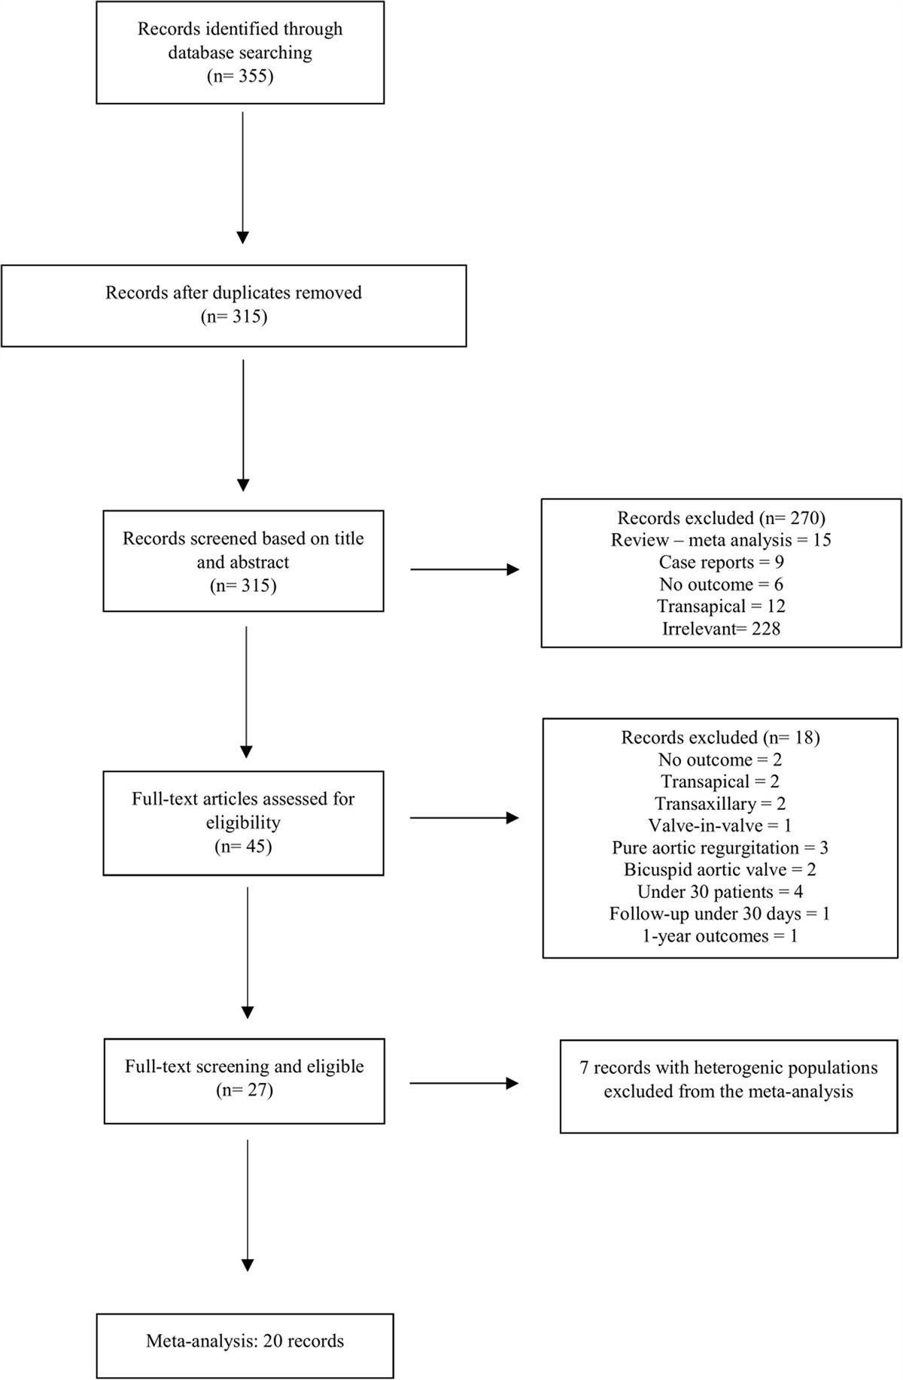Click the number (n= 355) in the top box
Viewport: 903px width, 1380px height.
tap(240, 76)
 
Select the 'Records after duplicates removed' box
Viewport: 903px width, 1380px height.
tap(233, 305)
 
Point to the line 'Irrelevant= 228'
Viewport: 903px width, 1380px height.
tap(721, 629)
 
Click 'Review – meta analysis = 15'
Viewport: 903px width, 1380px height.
tap(721, 540)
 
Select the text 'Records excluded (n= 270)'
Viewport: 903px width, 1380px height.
tap(721, 517)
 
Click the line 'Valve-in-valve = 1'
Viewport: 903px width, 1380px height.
tap(720, 825)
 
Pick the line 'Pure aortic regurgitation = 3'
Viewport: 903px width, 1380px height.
tap(720, 848)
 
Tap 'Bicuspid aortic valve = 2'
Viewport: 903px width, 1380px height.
tap(720, 869)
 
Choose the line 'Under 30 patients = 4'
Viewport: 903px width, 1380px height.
tap(720, 892)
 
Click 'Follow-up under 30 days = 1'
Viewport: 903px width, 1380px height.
tap(720, 914)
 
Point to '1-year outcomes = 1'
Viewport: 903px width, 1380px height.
tap(720, 936)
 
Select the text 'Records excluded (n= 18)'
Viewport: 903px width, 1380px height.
tap(720, 737)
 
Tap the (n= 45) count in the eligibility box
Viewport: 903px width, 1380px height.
tap(243, 846)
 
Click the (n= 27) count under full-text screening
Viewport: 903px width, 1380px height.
tap(245, 1089)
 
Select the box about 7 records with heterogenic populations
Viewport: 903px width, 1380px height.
tap(728, 1085)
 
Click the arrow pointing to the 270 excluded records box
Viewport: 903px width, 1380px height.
tap(465, 570)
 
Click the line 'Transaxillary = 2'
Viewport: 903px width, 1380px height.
tap(720, 803)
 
